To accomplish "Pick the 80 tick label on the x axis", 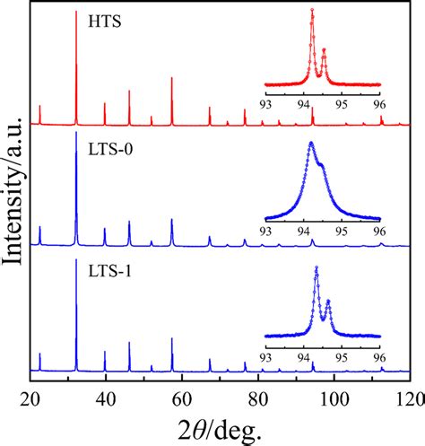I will tap(258, 399).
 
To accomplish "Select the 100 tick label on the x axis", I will tap(334, 399).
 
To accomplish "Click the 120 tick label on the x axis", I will tap(409, 399).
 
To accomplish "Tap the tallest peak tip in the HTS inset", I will tap(312, 10).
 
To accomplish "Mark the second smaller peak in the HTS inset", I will tap(324, 50).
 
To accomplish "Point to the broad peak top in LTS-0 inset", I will tap(311, 144).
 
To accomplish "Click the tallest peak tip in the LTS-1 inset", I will tap(317, 267).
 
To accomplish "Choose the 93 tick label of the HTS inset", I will tap(265, 102).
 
